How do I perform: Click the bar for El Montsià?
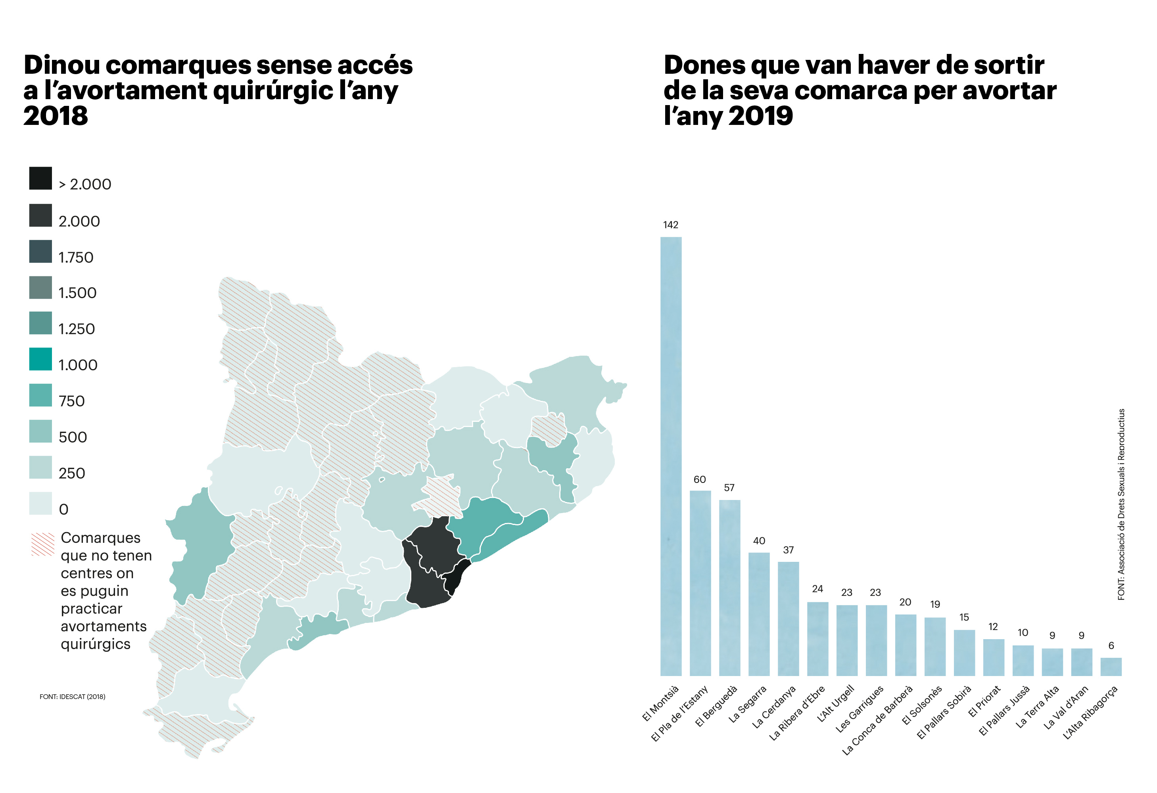point(671,456)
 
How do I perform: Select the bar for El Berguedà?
point(729,588)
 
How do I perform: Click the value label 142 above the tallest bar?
point(671,225)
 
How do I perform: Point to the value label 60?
point(700,479)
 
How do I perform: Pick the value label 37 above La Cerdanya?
point(788,550)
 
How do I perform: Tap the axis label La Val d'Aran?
point(1066,707)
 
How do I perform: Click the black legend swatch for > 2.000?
point(40,178)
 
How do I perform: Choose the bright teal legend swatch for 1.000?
point(40,359)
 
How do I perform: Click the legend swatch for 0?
point(40,503)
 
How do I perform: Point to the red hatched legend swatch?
point(43,544)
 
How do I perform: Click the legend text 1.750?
point(76,257)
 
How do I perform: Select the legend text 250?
point(72,473)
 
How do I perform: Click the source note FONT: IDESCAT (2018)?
point(72,696)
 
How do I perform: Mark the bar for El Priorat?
point(993,658)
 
